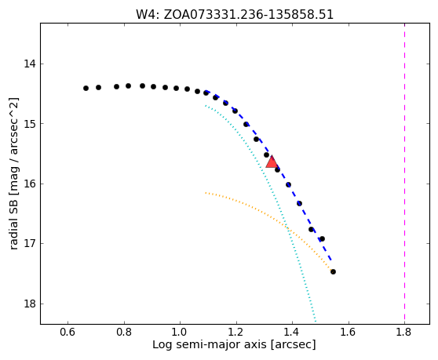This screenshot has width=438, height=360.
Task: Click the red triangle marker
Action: pos(272,162)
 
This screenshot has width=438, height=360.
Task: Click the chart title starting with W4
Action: pos(235,15)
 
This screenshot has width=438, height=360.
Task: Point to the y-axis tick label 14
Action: pos(30,64)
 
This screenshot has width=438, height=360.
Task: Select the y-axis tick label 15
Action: pos(30,124)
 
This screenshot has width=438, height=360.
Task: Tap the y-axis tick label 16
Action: pos(30,184)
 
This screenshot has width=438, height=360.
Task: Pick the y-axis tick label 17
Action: pos(30,243)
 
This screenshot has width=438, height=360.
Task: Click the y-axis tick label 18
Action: pos(30,304)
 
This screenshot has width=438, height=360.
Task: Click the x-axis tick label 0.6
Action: pos(68,332)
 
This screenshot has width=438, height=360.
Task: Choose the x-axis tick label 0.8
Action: pos(124,332)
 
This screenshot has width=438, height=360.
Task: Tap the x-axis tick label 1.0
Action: pos(180,332)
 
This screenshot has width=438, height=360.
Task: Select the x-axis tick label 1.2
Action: pos(236,332)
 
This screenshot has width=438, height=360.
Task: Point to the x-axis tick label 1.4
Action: pos(292,332)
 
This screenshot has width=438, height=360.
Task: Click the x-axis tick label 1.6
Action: pos(349,332)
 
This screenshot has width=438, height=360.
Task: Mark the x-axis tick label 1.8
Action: pos(404,332)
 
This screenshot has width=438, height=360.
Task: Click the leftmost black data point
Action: pos(86,88)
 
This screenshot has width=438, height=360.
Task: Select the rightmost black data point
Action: pos(333,271)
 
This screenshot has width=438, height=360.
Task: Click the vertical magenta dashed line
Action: pos(404,173)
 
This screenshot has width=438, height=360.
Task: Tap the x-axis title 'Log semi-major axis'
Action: pos(210,344)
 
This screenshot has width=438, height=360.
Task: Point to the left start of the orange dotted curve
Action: pos(206,193)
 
